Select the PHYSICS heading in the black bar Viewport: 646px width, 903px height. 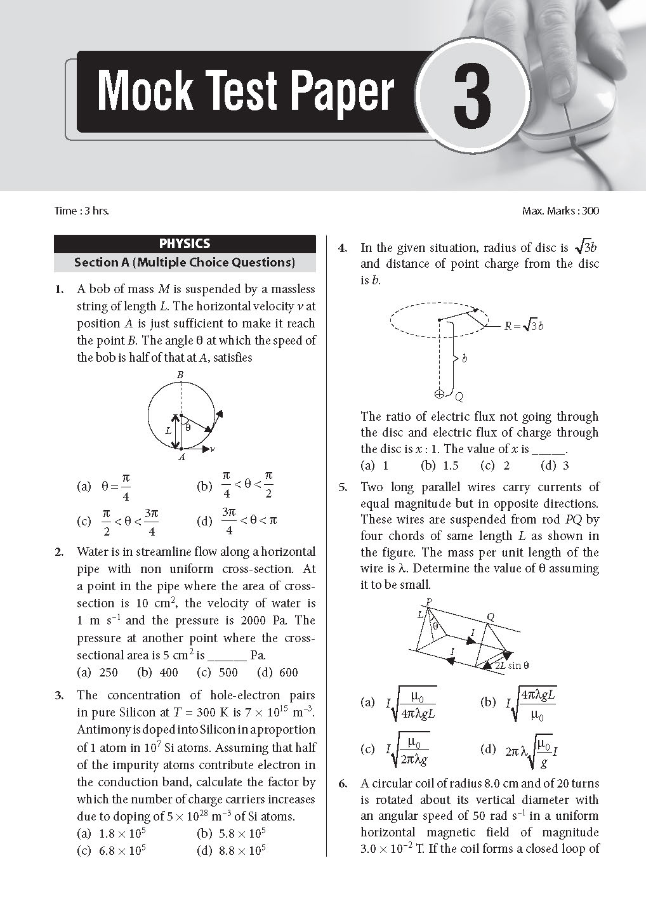point(185,244)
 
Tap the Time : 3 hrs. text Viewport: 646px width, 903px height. point(82,211)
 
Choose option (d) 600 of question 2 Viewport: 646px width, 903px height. point(277,672)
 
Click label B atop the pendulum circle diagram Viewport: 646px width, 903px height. point(180,376)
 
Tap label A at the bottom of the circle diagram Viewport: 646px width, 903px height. point(181,457)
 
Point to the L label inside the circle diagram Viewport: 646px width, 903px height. point(168,430)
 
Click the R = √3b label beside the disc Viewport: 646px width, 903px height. point(524,326)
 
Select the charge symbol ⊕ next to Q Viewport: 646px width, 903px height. point(438,393)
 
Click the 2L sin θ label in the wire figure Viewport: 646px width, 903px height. point(511,665)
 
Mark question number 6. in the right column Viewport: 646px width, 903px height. point(343,783)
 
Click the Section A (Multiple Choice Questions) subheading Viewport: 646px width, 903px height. point(185,262)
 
